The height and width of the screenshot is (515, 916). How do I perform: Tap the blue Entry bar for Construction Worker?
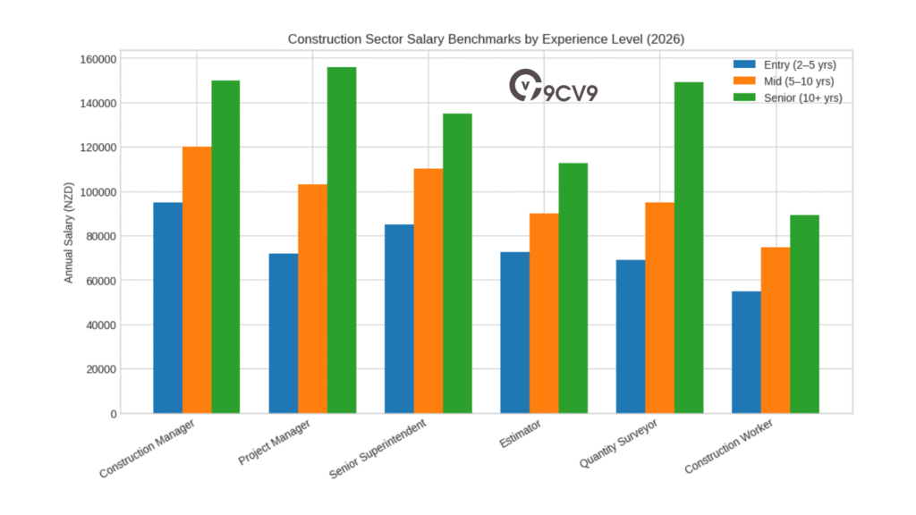(746, 352)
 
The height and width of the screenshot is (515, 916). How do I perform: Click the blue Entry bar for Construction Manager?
(167, 308)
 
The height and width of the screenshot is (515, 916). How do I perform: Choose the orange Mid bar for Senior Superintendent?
(428, 291)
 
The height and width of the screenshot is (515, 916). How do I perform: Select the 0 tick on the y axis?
(112, 414)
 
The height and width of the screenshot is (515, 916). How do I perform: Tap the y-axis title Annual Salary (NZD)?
(68, 236)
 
